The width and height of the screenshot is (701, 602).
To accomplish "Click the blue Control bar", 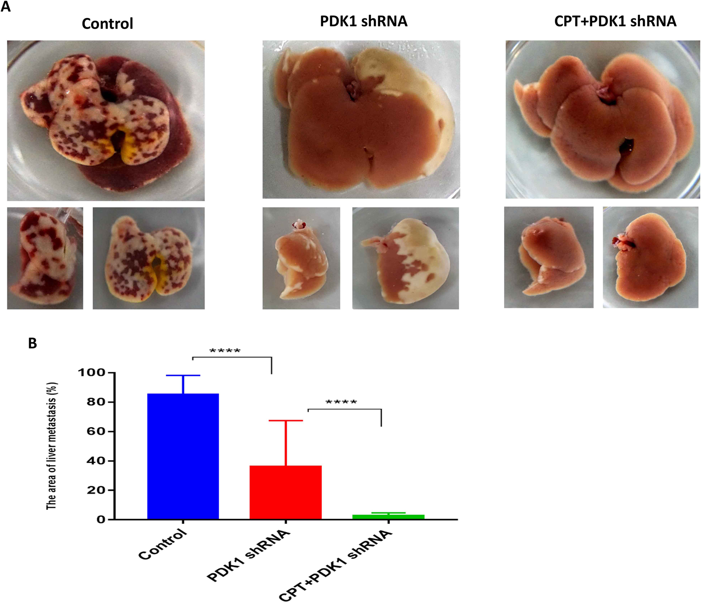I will pyautogui.click(x=183, y=456).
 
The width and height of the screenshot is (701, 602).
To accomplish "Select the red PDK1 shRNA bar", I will pyautogui.click(x=286, y=492).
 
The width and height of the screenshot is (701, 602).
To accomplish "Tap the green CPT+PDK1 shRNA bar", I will pyautogui.click(x=388, y=516).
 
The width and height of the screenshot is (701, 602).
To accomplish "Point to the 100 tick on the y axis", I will pyautogui.click(x=92, y=373).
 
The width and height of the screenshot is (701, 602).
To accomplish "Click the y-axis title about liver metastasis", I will pyautogui.click(x=52, y=445).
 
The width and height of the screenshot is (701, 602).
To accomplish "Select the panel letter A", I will pyautogui.click(x=6, y=7).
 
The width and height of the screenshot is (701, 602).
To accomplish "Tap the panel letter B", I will pyautogui.click(x=32, y=343).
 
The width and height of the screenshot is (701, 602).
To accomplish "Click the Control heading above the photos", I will pyautogui.click(x=107, y=23).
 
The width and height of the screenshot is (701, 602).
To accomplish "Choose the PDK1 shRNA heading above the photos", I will pyautogui.click(x=363, y=21).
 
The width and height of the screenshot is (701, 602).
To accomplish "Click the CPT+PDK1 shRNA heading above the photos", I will pyautogui.click(x=615, y=21).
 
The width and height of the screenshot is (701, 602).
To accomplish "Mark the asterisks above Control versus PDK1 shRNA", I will pyautogui.click(x=225, y=351).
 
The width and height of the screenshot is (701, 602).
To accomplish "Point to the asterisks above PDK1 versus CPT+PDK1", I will pyautogui.click(x=341, y=402).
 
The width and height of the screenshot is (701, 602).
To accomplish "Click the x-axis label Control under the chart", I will pyautogui.click(x=163, y=544).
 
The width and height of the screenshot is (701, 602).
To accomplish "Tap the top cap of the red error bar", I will pyautogui.click(x=286, y=421).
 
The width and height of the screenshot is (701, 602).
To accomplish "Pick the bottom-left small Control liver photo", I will pyautogui.click(x=45, y=258).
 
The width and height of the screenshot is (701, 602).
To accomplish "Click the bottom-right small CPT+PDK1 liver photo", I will pyautogui.click(x=650, y=257).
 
